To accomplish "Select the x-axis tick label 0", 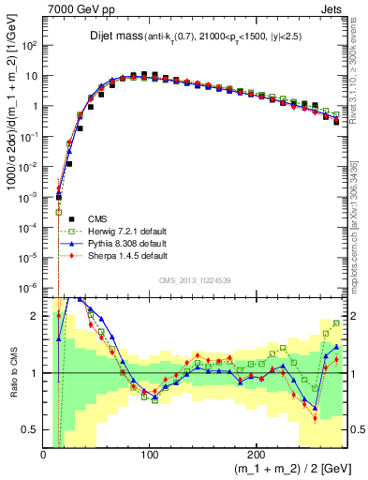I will tap(44, 453).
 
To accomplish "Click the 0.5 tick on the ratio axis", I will tap(30, 428).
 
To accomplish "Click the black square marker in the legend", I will tap(60, 217).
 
